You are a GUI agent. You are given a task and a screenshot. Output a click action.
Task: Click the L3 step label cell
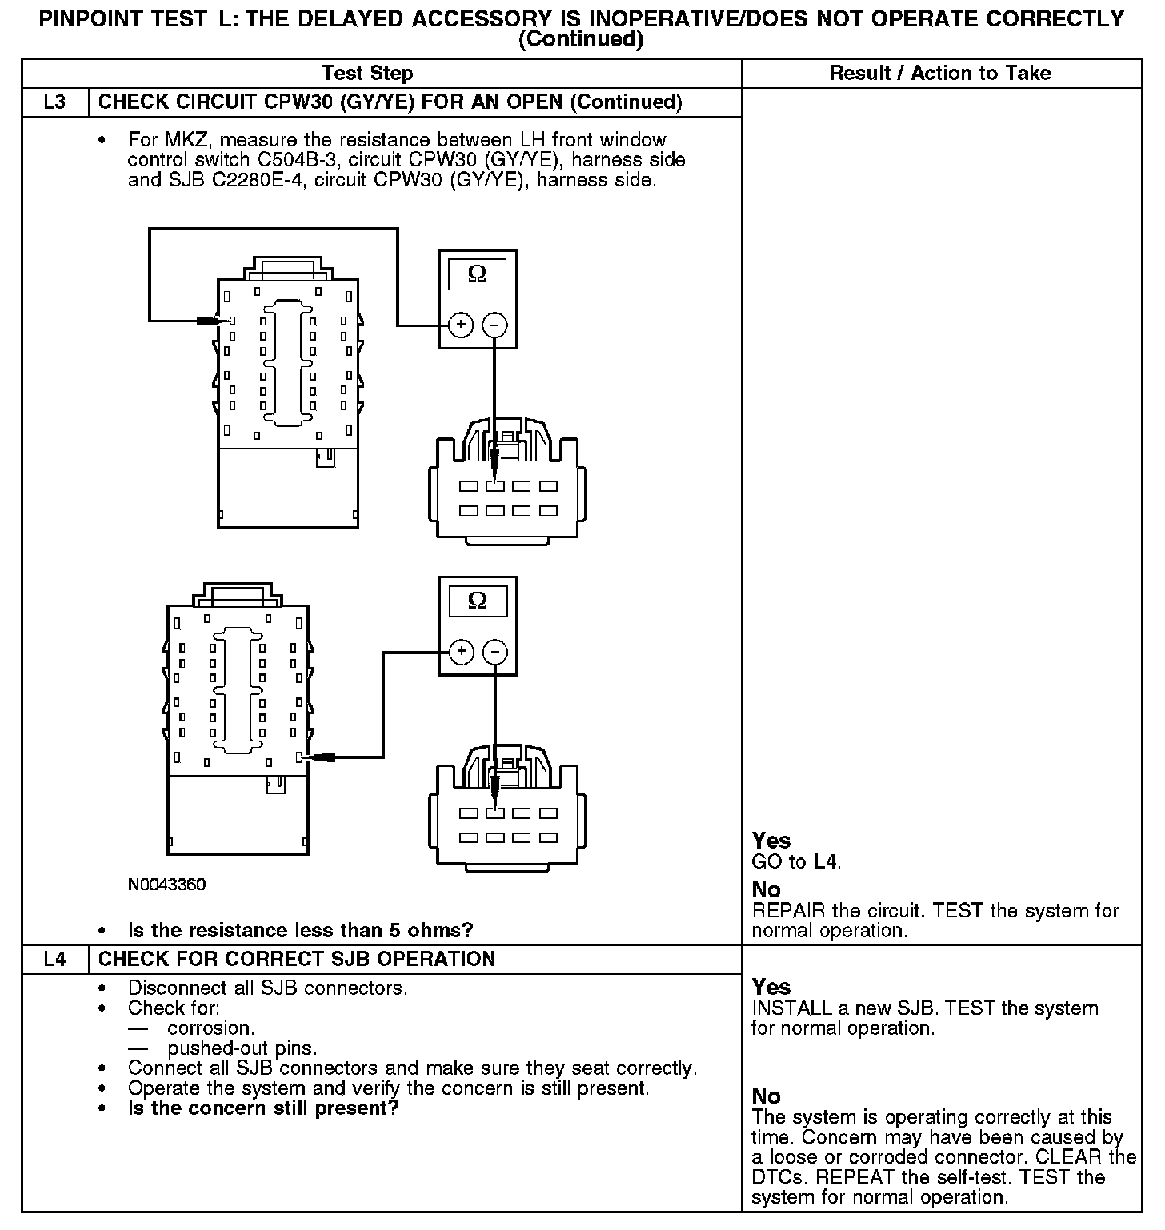coord(54,102)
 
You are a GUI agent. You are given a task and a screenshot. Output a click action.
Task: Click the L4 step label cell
coord(54,959)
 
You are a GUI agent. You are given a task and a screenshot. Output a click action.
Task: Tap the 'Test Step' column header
coord(367,74)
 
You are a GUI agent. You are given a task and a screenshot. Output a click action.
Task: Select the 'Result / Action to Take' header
coord(940,74)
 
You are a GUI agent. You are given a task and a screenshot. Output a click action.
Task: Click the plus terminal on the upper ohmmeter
coord(461,325)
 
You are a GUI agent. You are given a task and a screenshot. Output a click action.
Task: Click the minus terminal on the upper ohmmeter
coord(495,325)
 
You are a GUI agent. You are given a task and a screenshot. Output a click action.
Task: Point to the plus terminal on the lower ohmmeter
coord(461,652)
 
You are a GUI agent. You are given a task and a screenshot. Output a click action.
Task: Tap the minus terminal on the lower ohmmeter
coord(496,652)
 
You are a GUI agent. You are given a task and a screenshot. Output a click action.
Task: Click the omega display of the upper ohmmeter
coord(477,274)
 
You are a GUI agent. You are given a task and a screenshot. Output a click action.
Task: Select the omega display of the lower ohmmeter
coord(478,601)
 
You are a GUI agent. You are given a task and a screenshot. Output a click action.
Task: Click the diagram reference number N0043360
coord(166,885)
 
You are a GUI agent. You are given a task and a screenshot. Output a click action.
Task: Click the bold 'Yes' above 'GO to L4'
coord(771,841)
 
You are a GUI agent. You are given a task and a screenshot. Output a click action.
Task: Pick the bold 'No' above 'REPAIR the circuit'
coord(766,889)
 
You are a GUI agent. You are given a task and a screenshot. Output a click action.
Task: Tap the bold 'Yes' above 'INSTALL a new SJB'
coord(771,987)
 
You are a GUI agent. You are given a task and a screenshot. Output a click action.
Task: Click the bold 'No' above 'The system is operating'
coord(766,1096)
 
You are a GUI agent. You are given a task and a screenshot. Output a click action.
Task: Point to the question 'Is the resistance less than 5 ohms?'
coord(300,930)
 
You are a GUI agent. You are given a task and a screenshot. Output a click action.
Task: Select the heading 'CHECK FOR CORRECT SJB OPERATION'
coord(297,959)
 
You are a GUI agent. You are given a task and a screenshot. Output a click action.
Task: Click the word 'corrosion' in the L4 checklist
coord(211,1028)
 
